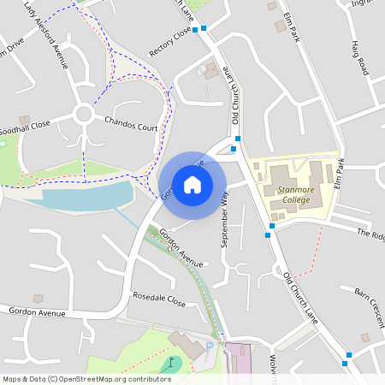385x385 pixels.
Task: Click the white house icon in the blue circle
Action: pyautogui.click(x=192, y=185)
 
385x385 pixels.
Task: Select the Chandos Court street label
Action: pyautogui.click(x=131, y=125)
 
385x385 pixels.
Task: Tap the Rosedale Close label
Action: pyautogui.click(x=158, y=300)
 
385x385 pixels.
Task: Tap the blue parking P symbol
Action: pyautogui.click(x=210, y=346)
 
